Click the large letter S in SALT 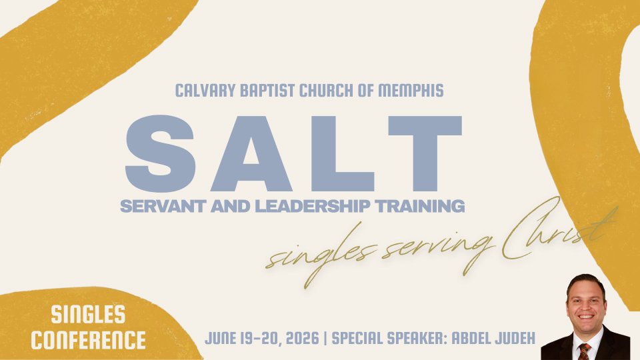tap(161, 153)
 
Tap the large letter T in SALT tap(425, 154)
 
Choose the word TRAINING tap(419, 206)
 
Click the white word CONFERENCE tap(89, 340)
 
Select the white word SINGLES tap(88, 315)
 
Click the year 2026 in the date tap(303, 339)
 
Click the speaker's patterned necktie tap(585, 351)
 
